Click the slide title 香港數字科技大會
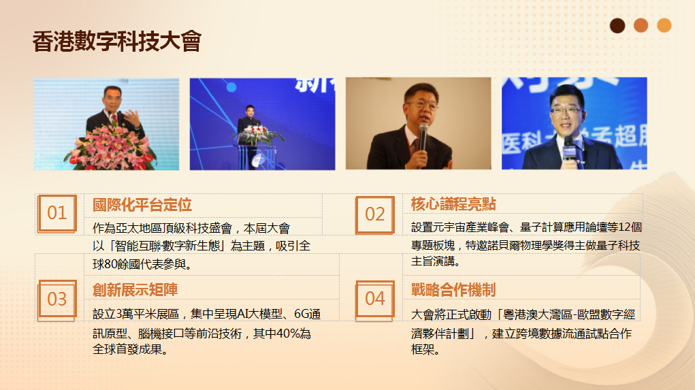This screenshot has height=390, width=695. [117, 42]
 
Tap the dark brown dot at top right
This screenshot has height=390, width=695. [617, 26]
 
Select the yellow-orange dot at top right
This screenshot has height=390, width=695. [664, 25]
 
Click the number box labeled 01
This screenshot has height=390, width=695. [56, 213]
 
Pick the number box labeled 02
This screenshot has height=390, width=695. [374, 214]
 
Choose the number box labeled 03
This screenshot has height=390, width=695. [56, 299]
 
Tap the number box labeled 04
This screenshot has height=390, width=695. [374, 299]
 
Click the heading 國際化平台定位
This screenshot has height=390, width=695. [142, 205]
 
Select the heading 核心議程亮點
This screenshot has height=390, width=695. [453, 204]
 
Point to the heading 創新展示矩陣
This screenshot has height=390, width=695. [135, 290]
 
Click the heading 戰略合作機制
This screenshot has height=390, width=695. [453, 290]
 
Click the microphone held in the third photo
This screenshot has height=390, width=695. [423, 137]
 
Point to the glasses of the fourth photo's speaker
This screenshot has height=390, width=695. [566, 110]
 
